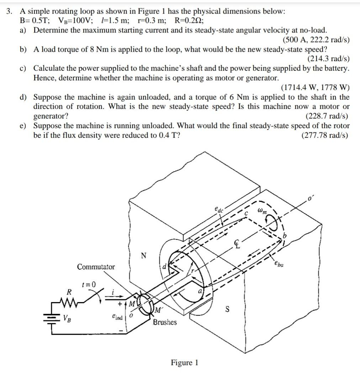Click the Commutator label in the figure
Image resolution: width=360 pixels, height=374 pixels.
click(x=96, y=267)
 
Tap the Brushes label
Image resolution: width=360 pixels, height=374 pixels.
click(x=165, y=322)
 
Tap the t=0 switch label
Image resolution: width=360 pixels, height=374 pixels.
click(x=89, y=284)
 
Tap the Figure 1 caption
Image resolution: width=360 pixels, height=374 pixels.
click(x=184, y=363)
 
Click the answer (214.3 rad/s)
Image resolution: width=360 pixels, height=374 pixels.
click(x=328, y=59)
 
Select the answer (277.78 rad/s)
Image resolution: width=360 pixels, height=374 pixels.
click(x=325, y=135)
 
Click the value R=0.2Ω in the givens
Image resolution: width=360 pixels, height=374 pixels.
click(x=189, y=20)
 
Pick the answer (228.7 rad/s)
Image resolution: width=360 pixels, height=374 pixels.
click(x=327, y=116)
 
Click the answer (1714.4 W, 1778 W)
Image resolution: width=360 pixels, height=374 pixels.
click(x=315, y=88)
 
